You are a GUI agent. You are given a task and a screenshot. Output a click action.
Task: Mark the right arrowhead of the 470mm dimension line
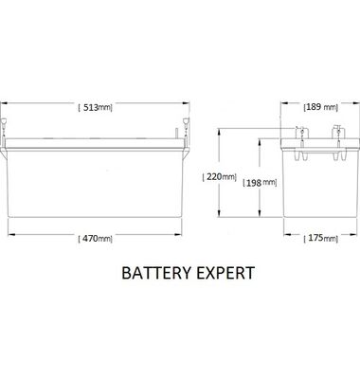(x=179, y=238)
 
